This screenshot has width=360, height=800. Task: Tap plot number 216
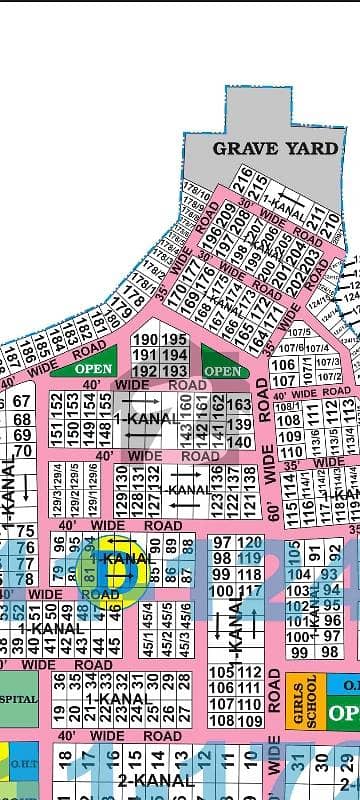click(243, 183)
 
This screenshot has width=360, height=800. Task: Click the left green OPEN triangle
click(82, 368)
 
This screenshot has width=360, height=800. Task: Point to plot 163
click(239, 404)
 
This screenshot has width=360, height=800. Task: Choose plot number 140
click(239, 440)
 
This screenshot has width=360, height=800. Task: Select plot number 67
click(22, 401)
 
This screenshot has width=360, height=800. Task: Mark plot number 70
click(22, 451)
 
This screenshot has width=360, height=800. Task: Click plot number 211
click(317, 216)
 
